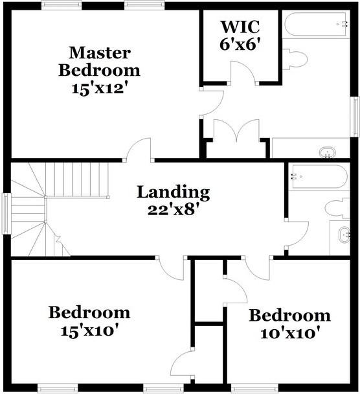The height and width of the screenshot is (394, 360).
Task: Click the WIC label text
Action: point(240,28)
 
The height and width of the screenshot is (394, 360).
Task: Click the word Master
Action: point(99,52)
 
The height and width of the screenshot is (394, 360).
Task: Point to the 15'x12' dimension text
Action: point(99,88)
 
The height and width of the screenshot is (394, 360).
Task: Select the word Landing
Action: point(173,192)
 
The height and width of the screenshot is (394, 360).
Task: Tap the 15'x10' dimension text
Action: point(89,330)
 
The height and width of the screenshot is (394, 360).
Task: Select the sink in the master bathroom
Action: point(328,153)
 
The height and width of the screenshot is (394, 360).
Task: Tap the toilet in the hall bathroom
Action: point(337,207)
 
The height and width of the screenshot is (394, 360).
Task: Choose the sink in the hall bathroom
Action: point(344,234)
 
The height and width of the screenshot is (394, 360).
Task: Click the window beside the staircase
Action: point(5,213)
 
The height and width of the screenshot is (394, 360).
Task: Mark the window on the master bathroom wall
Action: point(355,117)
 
